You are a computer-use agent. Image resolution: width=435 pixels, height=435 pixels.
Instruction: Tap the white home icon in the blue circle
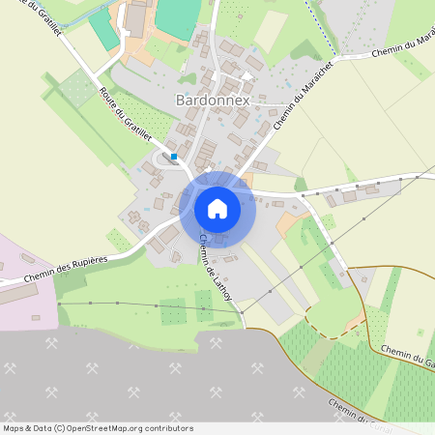coord(217,209)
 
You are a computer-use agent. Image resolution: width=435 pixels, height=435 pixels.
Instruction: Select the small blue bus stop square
coord(174,157)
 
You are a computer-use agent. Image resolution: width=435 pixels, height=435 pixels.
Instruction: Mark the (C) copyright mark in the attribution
coord(60,427)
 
